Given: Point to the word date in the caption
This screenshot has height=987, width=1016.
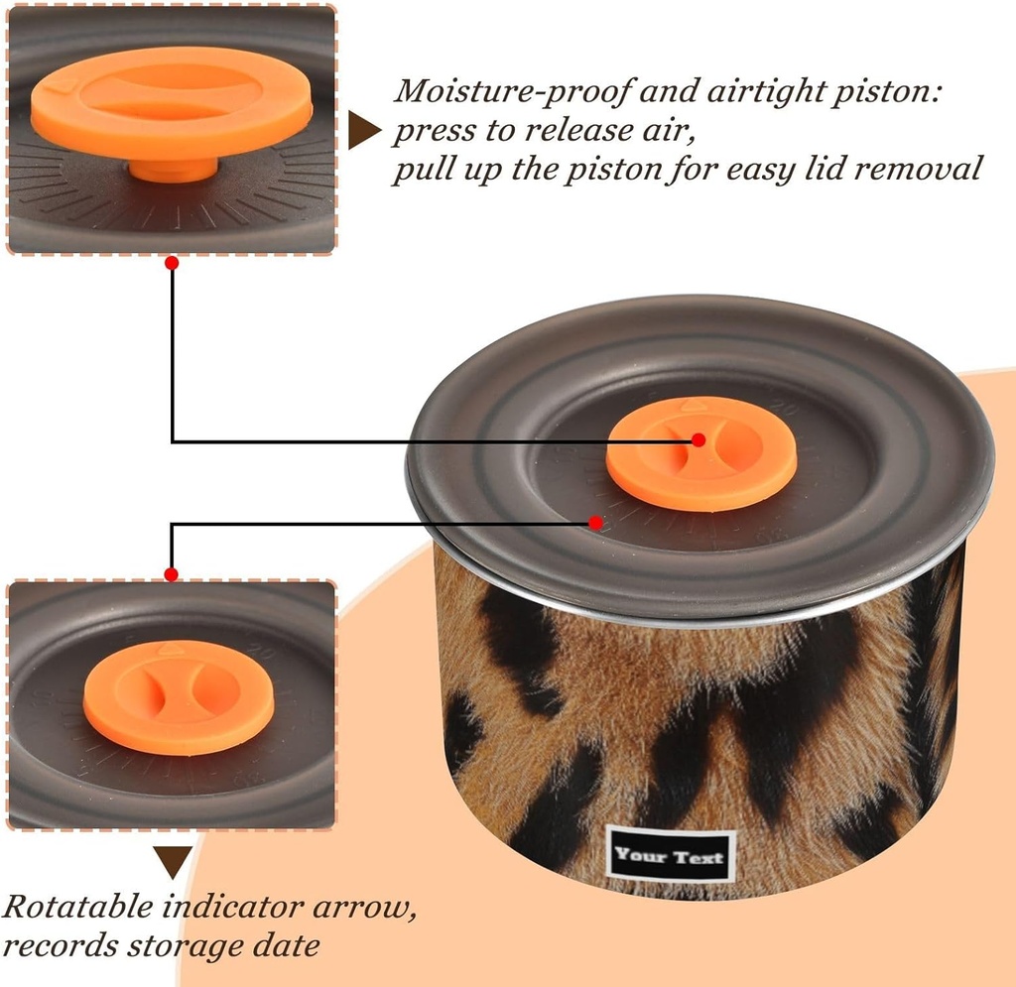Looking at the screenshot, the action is pyautogui.click(x=286, y=945).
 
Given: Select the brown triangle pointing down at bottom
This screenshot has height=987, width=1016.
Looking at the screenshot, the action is pyautogui.click(x=173, y=862).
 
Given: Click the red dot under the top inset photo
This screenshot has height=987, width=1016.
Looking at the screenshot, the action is pyautogui.click(x=172, y=263).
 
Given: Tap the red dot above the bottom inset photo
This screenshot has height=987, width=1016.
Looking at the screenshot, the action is pyautogui.click(x=171, y=574).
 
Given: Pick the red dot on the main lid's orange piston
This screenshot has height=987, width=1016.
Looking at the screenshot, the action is pyautogui.click(x=698, y=439).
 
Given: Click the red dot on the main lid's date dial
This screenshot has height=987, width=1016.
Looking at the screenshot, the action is pyautogui.click(x=596, y=522).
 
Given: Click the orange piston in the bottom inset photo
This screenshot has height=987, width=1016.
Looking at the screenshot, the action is pyautogui.click(x=179, y=697).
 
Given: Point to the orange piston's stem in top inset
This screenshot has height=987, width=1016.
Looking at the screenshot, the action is pyautogui.click(x=173, y=170).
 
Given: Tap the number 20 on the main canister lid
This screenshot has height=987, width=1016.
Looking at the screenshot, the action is pyautogui.click(x=785, y=409).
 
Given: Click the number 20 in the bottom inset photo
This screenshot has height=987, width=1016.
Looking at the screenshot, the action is pyautogui.click(x=262, y=650).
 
